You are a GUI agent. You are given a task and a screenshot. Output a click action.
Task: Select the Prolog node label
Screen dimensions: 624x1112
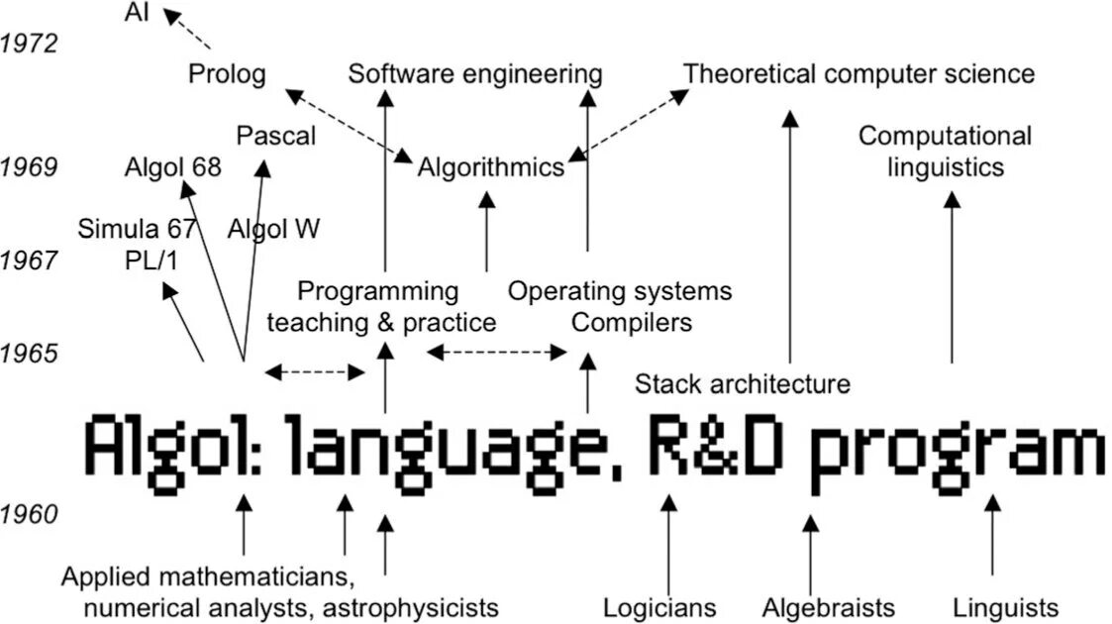pyautogui.click(x=227, y=74)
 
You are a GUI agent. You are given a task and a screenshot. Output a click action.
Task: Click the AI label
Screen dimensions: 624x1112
pyautogui.click(x=138, y=13)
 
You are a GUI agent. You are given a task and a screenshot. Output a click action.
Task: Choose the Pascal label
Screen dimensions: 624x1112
pyautogui.click(x=276, y=136)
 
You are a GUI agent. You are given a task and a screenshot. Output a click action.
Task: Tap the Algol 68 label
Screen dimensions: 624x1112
pyautogui.click(x=173, y=167)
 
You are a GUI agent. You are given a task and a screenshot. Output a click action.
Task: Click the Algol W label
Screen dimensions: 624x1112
pyautogui.click(x=273, y=230)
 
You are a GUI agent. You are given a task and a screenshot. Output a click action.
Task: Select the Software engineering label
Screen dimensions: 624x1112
pyautogui.click(x=475, y=74)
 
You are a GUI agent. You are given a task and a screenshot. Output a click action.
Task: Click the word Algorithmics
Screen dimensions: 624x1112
pyautogui.click(x=490, y=167)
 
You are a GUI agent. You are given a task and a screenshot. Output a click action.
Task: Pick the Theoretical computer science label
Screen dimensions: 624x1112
pyautogui.click(x=859, y=74)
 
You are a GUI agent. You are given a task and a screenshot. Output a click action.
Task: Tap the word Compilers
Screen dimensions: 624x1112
pyautogui.click(x=632, y=322)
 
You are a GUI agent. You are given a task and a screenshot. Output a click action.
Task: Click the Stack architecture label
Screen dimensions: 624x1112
pyautogui.click(x=742, y=384)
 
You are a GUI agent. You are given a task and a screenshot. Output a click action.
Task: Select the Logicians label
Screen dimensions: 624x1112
pyautogui.click(x=659, y=607)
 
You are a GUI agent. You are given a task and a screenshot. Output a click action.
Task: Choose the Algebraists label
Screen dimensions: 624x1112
pyautogui.click(x=829, y=607)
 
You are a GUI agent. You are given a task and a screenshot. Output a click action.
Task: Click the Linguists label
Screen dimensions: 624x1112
pyautogui.click(x=1005, y=607)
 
